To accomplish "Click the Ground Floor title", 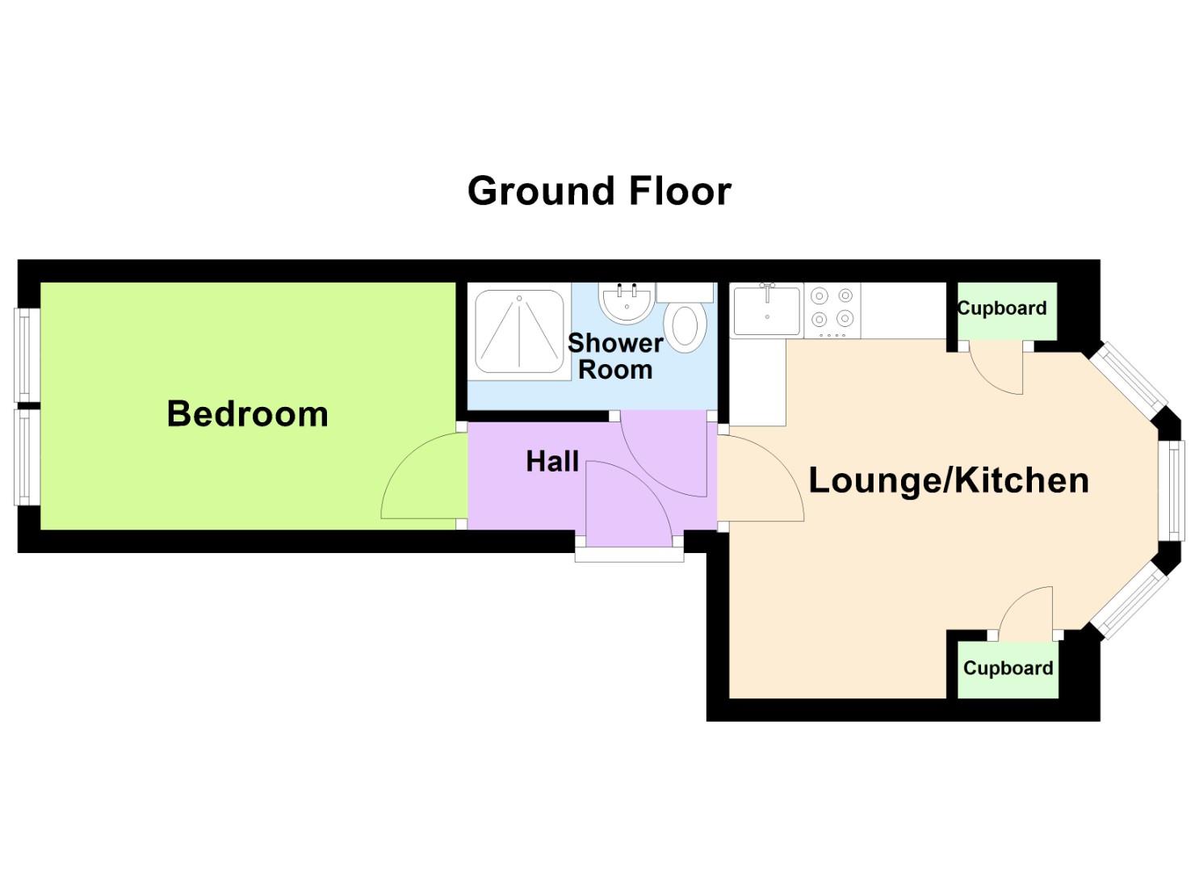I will (599, 191).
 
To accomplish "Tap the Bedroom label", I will (247, 414).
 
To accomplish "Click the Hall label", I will (552, 462).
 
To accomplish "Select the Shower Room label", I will (615, 356).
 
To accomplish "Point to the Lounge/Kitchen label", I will (949, 480).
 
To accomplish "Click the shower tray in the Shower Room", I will (519, 332).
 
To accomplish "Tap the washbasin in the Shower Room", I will (627, 304).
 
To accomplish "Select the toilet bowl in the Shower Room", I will (685, 327).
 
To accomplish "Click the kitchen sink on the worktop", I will (765, 312).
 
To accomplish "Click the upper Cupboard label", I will (1002, 308).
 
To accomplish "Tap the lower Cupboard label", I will (1008, 669).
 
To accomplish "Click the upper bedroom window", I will (26, 354).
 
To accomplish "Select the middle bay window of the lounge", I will (1173, 489).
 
